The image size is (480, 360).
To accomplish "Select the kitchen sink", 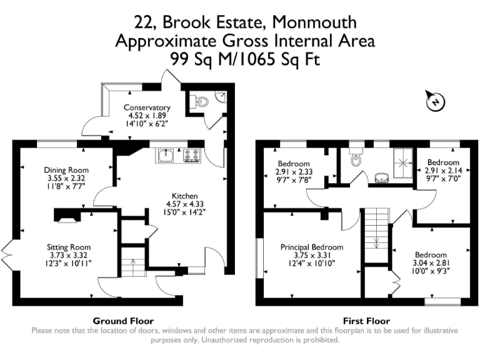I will [167, 154].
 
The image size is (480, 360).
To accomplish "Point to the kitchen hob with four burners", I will [191, 154].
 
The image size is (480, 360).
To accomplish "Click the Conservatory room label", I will [147, 107].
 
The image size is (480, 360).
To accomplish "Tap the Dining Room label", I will [66, 170].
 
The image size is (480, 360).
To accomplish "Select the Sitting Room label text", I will [71, 246].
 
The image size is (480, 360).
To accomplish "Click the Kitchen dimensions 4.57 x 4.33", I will [181, 204].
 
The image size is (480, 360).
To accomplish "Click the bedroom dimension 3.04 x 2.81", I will [431, 263].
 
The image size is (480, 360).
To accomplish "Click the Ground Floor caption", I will [123, 321].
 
